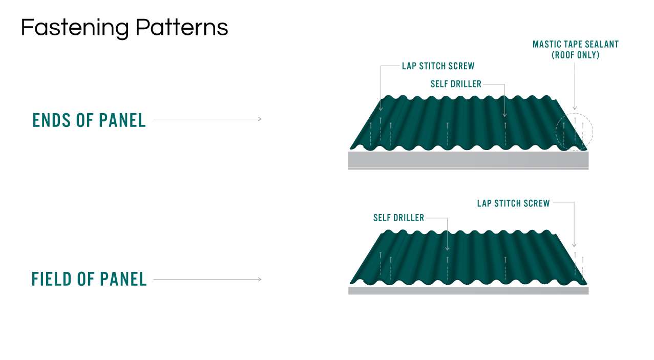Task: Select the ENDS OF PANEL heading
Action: pos(89,120)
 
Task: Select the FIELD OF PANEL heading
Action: pos(89,280)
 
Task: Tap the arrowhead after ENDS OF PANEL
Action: pos(260,119)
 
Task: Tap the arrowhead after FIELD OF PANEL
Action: pos(260,280)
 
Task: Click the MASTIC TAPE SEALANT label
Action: pos(575,45)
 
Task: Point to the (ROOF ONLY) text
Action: pos(575,55)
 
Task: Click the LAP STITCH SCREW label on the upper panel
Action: pos(438,66)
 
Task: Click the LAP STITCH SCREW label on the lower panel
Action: pos(513,203)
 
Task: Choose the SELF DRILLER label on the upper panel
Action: pos(456,84)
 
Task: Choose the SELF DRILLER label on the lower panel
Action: pos(398,218)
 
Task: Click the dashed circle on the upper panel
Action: pos(575,132)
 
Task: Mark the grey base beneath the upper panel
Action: pos(468,160)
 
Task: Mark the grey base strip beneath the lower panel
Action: pos(468,290)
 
